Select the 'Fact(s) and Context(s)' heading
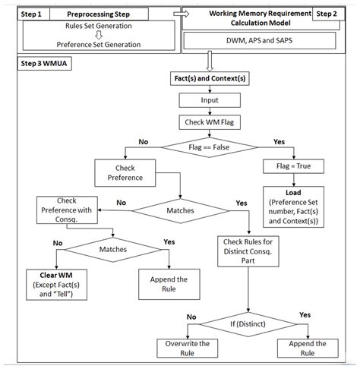tap(209, 79)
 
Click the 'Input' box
tap(209, 100)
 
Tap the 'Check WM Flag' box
tap(209, 122)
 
